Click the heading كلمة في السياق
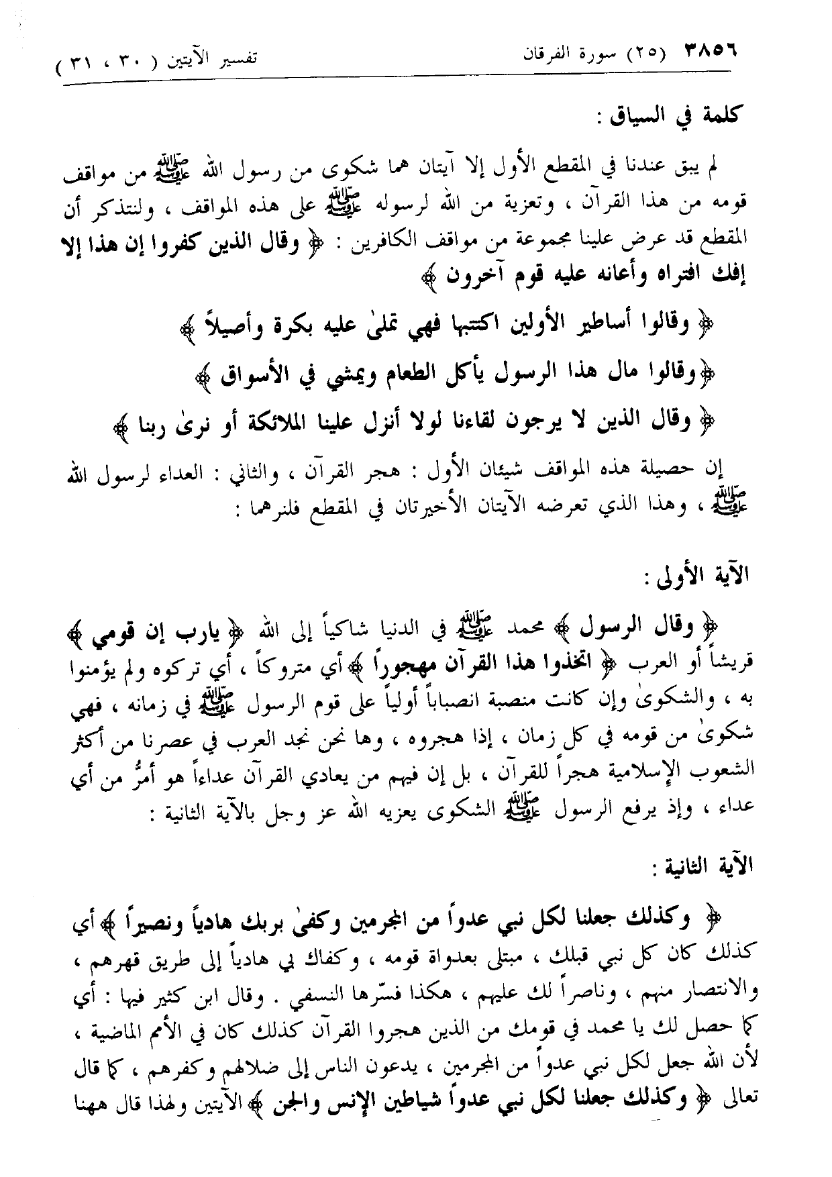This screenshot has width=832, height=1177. (700, 115)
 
